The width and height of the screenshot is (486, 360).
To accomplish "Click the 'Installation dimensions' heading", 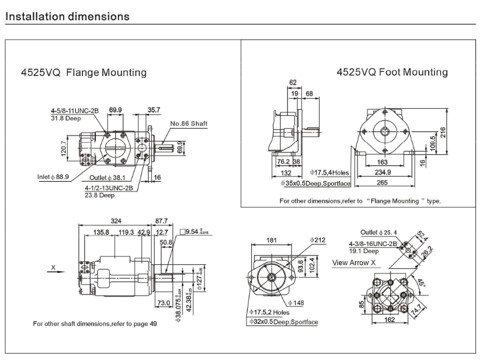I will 67,16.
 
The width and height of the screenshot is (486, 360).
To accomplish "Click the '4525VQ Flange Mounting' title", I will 84,72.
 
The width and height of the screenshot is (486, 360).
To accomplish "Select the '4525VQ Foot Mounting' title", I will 392,72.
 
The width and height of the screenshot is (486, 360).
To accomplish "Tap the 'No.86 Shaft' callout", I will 189,123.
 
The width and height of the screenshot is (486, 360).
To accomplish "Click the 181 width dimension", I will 271,240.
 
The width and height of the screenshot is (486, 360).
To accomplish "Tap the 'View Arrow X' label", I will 354,262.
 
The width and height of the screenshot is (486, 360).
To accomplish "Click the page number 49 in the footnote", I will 153,323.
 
